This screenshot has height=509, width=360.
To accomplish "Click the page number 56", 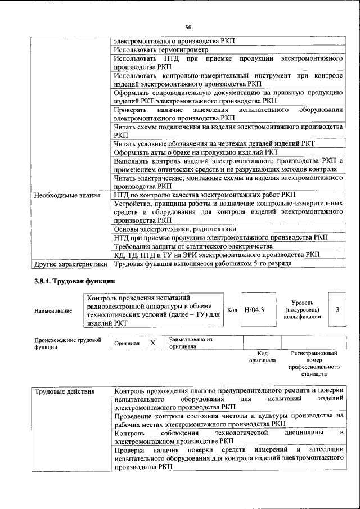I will coord(188,27).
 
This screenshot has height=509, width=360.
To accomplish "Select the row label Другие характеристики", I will coord(70,263).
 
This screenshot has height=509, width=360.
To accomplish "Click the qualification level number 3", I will coord(337,309).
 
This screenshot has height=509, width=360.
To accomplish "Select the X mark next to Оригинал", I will coord(152,343).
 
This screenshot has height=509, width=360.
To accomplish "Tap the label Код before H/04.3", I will coord(232,309).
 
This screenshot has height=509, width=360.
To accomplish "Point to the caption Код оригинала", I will coord(262,357).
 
